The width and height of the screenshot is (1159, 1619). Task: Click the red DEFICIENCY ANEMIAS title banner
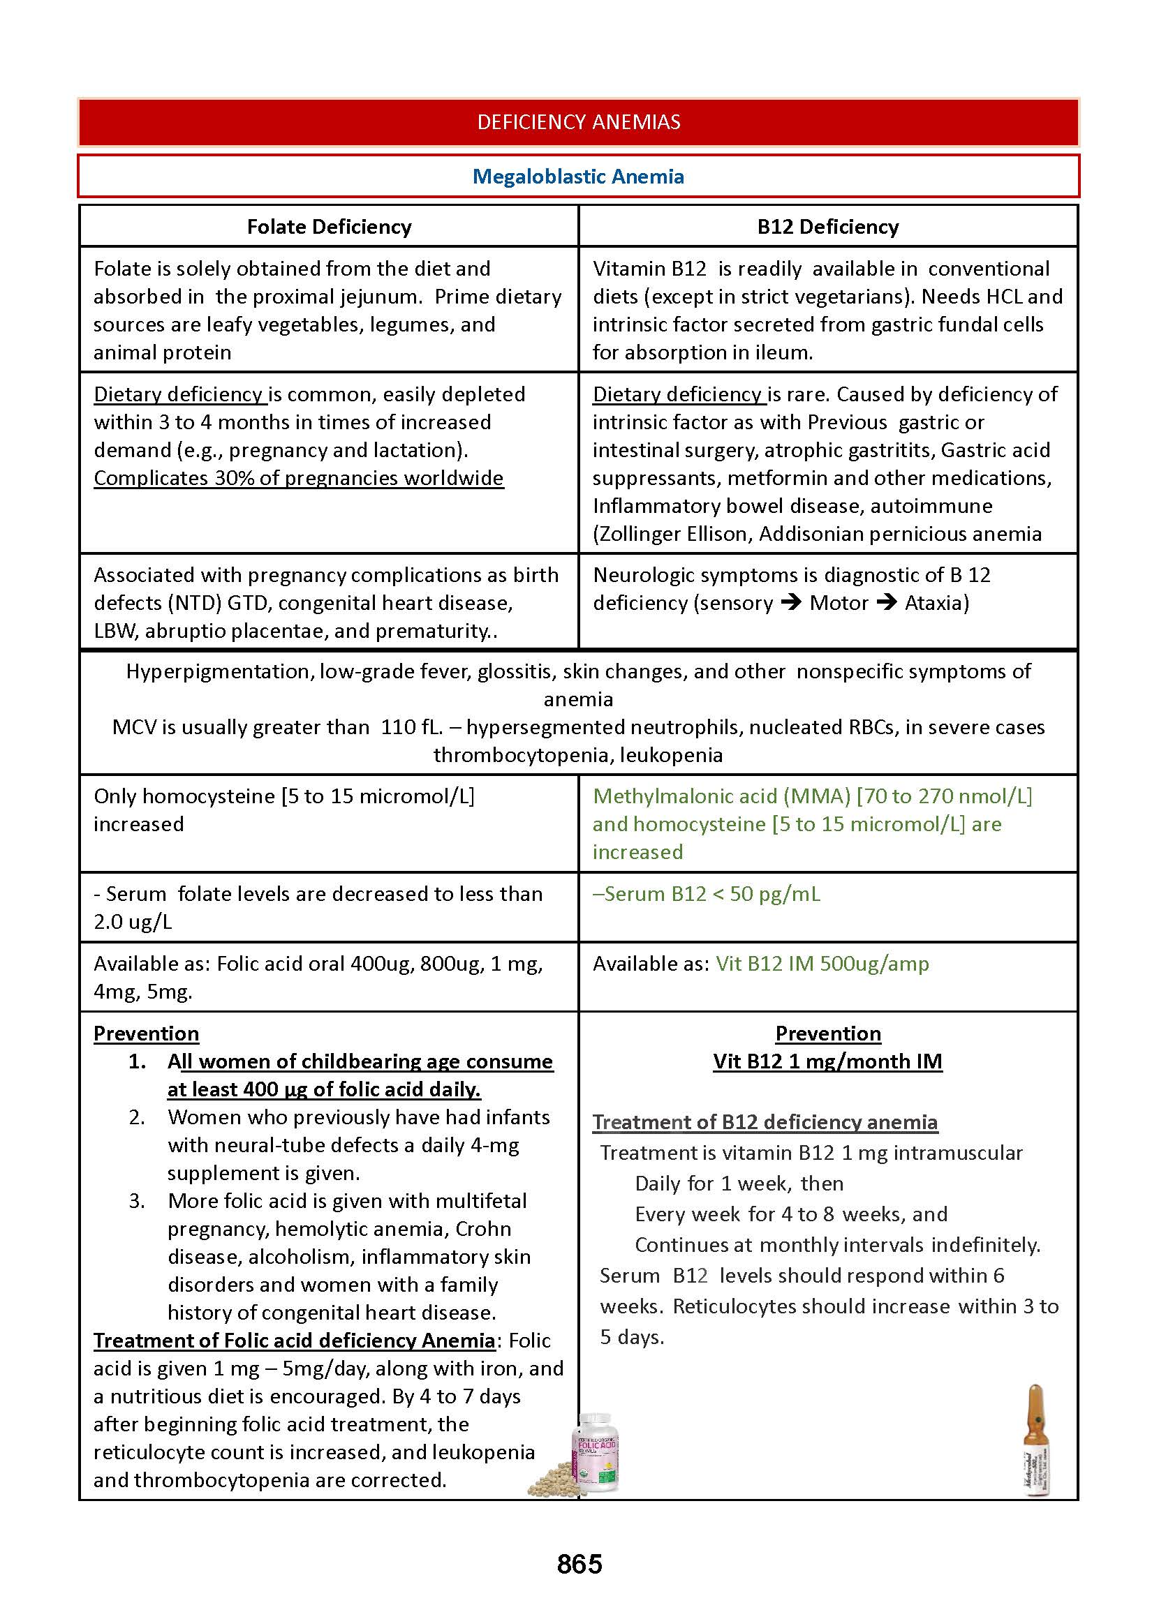(x=578, y=122)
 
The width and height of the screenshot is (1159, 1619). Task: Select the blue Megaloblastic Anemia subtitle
(x=578, y=176)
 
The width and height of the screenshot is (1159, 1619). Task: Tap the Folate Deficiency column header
(x=329, y=227)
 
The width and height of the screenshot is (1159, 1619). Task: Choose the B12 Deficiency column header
(x=828, y=227)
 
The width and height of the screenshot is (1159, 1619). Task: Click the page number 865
(x=579, y=1564)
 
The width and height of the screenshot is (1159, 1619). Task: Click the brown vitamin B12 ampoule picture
(x=1035, y=1440)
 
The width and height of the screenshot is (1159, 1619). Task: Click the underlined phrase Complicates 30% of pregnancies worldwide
(x=298, y=478)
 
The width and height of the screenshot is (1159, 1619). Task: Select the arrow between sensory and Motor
(x=791, y=603)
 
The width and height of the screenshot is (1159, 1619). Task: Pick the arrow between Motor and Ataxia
(x=887, y=603)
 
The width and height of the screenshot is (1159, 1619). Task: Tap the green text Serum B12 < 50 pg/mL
(x=707, y=894)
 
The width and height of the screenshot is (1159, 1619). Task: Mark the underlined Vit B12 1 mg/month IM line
(x=828, y=1061)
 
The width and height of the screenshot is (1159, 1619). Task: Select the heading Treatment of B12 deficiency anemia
(x=765, y=1122)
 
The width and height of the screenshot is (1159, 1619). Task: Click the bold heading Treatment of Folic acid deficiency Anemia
(x=294, y=1341)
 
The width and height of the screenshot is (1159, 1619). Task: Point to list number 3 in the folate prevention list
(x=137, y=1201)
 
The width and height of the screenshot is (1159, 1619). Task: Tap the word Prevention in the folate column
(x=147, y=1034)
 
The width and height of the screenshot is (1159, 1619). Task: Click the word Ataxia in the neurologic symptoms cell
(x=936, y=603)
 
